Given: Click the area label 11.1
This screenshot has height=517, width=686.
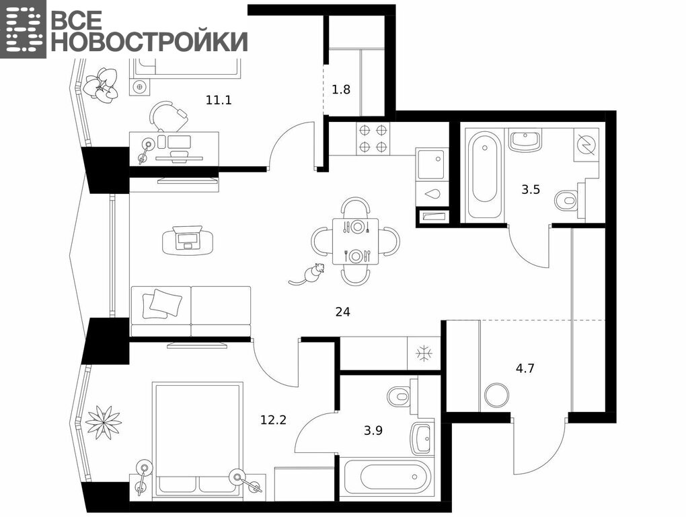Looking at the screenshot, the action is (219, 100).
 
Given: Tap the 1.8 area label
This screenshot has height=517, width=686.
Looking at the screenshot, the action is (341, 90).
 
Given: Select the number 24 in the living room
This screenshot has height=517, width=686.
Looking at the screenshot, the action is (342, 312).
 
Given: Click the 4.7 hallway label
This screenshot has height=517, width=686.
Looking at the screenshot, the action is (525, 368).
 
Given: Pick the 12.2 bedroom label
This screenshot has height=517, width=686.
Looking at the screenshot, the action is (274, 420).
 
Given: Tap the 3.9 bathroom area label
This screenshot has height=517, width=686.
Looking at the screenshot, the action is (373, 430).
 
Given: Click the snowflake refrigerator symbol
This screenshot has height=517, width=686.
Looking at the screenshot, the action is (424, 353).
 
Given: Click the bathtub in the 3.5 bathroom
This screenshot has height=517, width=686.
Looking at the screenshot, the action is (484, 176).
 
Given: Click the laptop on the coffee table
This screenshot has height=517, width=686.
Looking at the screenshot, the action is (188, 238).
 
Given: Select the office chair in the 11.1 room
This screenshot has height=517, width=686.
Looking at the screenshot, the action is (167, 116).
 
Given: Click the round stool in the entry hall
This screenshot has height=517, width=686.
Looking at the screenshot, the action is (497, 395).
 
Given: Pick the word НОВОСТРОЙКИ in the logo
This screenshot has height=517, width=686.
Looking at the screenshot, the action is (149, 42).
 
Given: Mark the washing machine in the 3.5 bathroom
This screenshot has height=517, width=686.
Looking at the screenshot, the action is (586, 143).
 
